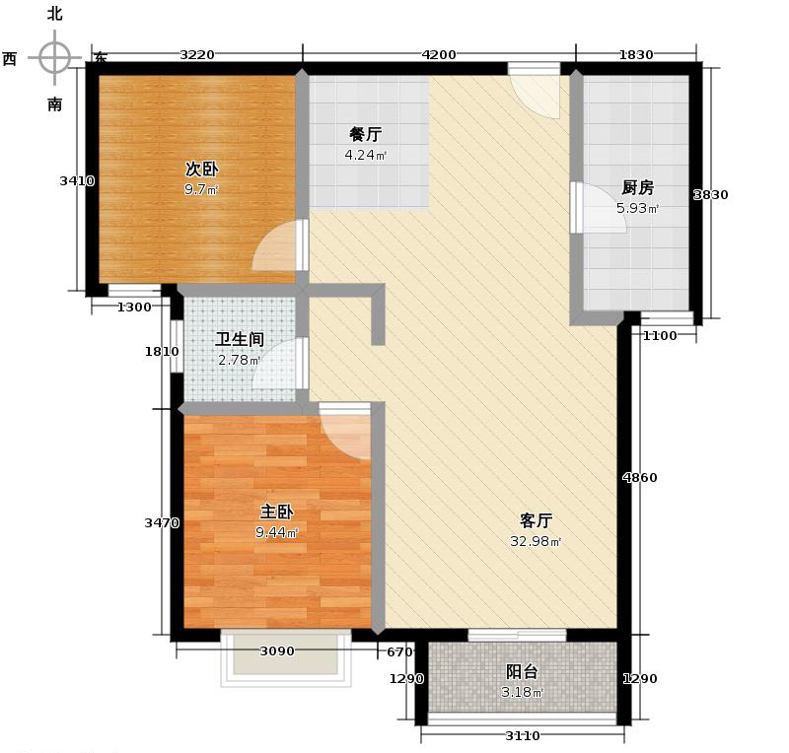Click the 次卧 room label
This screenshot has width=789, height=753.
(x=202, y=168)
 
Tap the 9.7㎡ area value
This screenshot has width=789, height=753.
(x=201, y=189)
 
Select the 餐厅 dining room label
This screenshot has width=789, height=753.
(x=365, y=134)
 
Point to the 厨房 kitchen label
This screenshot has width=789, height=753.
(x=637, y=187)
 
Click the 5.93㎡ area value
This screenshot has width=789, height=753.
(x=637, y=208)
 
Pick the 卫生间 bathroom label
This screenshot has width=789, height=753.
(x=240, y=339)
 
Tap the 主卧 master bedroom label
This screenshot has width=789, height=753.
(x=276, y=512)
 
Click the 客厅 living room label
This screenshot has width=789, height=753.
(x=536, y=520)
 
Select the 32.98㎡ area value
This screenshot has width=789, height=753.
(x=536, y=541)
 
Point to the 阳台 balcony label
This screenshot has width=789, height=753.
(x=522, y=671)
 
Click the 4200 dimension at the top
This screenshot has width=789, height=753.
(x=438, y=54)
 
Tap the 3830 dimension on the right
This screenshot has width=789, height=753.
(x=710, y=194)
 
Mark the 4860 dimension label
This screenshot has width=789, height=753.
(x=639, y=478)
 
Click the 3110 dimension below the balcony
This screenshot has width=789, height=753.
(x=523, y=735)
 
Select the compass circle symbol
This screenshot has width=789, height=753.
(x=55, y=57)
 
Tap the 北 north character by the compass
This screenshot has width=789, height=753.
(x=55, y=14)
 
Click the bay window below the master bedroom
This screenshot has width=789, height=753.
(x=286, y=656)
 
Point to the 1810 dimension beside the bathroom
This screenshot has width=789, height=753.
(x=162, y=352)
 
